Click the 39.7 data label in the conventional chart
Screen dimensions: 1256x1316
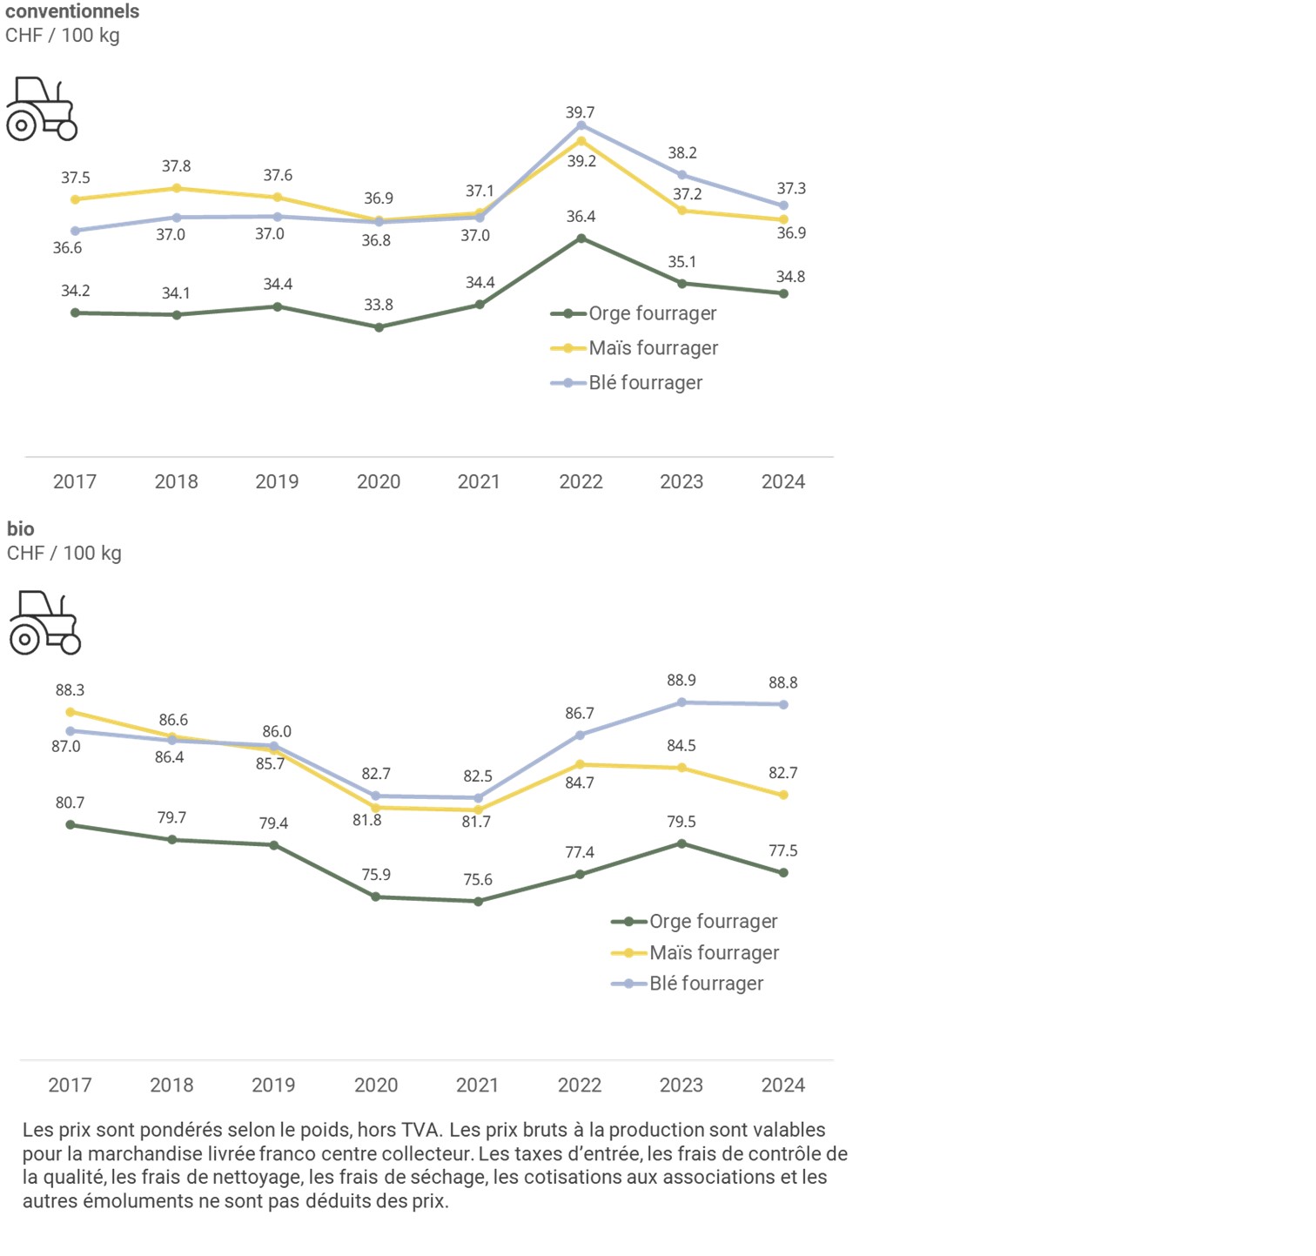click(x=580, y=112)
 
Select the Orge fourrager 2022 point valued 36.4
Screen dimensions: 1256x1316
click(x=581, y=238)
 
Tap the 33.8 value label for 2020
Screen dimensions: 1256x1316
click(x=379, y=305)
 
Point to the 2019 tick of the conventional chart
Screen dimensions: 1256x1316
click(x=277, y=481)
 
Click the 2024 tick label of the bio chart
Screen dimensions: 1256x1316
click(x=782, y=1085)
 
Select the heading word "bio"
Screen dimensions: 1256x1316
click(x=21, y=528)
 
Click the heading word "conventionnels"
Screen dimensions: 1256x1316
click(x=72, y=11)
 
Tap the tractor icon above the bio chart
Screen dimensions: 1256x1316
click(x=45, y=622)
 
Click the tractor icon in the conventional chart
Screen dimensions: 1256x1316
click(x=42, y=109)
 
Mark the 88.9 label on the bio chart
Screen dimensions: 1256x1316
click(x=681, y=680)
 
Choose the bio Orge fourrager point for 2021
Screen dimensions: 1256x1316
click(x=478, y=901)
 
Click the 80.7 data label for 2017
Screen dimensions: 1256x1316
click(x=70, y=803)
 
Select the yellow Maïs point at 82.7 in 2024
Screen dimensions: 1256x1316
click(x=783, y=795)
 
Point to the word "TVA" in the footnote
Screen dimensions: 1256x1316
click(x=420, y=1130)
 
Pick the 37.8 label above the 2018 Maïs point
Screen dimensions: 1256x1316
click(x=176, y=166)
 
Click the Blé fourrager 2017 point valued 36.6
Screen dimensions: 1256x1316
click(x=75, y=231)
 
